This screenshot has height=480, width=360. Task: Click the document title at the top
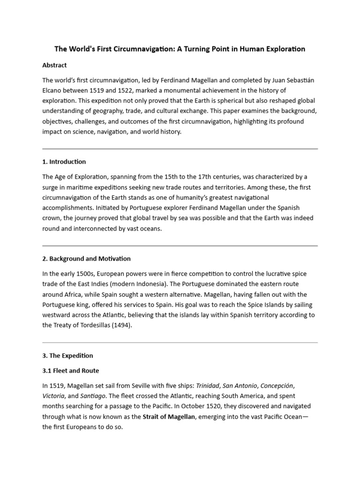click(180, 49)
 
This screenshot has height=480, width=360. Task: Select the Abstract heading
click(54, 65)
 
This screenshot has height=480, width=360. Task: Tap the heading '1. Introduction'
click(64, 162)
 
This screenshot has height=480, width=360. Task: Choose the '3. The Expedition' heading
click(67, 355)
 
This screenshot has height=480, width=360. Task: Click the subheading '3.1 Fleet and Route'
click(71, 370)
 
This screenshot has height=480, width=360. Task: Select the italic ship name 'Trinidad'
click(207, 386)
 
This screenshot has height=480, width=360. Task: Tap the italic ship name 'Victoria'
click(53, 396)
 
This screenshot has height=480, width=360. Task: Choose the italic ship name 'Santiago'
click(92, 396)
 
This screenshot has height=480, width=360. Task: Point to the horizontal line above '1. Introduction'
click(180, 149)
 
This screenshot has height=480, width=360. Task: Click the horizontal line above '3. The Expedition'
click(180, 342)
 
